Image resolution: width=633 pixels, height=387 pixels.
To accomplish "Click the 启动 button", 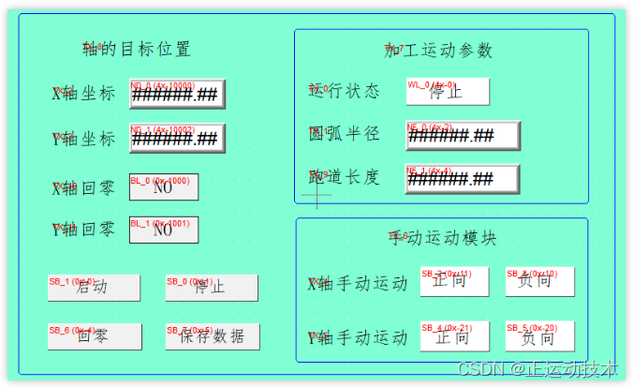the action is coord(94,287).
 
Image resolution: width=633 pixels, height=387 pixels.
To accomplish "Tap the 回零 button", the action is coord(94,335).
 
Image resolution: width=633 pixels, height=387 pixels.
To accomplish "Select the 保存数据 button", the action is coord(212,335).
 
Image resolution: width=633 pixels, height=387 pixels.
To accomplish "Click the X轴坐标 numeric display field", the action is coord(177,94).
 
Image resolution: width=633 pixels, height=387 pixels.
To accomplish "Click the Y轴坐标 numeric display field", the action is coord(177,139).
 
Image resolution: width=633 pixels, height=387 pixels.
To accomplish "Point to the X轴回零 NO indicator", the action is coord(163,186).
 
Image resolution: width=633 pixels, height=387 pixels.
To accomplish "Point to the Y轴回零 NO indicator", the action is coord(163,230).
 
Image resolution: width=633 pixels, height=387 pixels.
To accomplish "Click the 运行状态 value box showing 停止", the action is coord(447,91).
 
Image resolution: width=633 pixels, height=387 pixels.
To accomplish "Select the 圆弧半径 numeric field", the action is coord(462,135).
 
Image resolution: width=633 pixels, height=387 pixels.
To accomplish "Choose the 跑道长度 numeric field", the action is coord(462,178).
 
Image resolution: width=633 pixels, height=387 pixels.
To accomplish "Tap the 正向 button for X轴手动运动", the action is coord(450,281).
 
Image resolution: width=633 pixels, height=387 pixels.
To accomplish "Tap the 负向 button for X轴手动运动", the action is coord(539,281).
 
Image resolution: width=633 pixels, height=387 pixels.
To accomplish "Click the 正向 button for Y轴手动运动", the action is coord(450,336).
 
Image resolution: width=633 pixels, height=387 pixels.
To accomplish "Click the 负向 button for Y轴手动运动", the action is coord(539,336).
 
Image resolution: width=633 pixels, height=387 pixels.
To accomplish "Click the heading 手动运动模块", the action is coord(442,237).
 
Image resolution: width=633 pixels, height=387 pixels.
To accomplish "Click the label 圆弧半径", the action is coord(345,134).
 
